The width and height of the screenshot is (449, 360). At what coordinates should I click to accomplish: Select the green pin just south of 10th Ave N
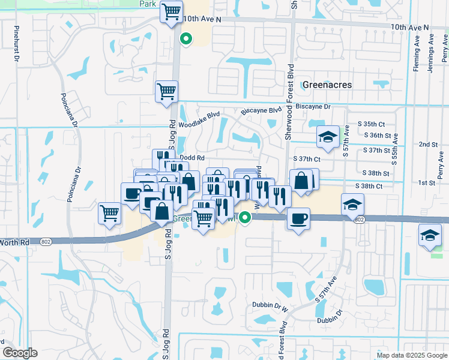(x=186, y=40)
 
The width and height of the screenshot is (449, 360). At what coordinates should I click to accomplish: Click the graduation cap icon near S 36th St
(x=328, y=137)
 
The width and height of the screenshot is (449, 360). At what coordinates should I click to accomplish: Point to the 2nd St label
(x=428, y=145)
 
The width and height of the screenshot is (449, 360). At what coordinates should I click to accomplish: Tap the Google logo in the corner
(x=20, y=353)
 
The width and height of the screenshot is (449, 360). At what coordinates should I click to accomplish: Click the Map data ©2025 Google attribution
(x=411, y=355)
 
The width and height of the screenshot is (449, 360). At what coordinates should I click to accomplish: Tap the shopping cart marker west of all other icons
(x=110, y=213)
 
